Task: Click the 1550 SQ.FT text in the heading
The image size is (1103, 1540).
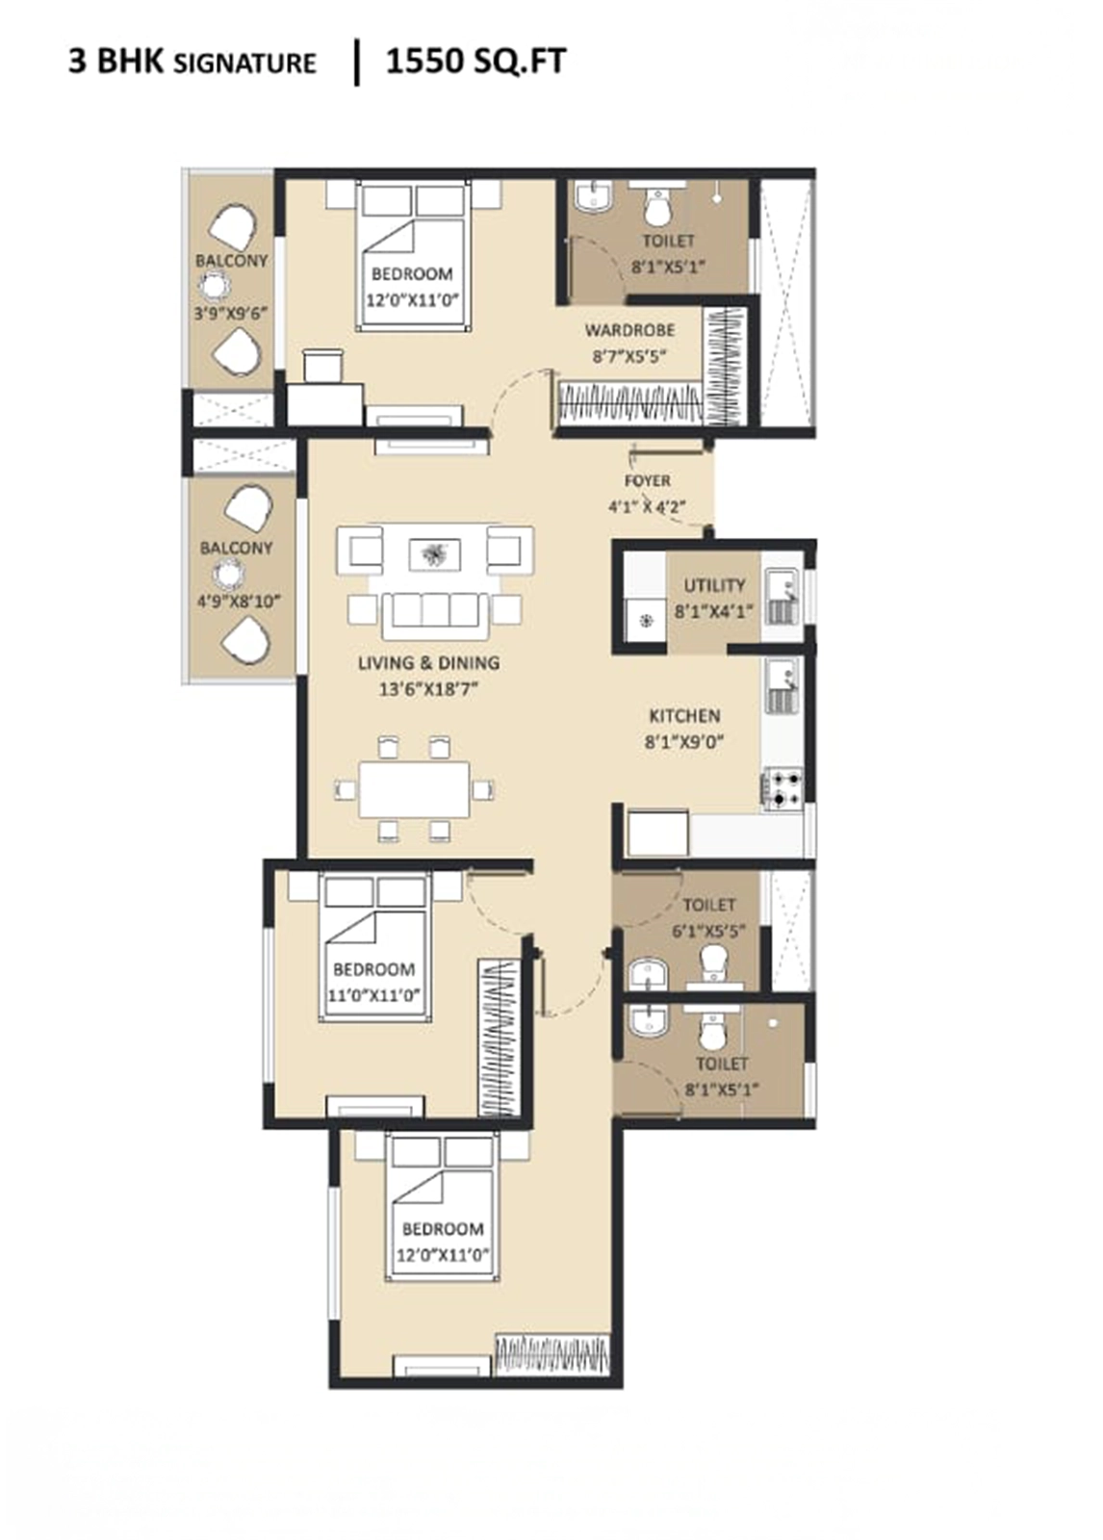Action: (x=475, y=62)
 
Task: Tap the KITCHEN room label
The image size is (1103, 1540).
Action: (x=685, y=716)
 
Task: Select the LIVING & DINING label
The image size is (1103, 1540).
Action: (x=429, y=663)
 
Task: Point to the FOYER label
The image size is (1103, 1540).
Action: (x=648, y=480)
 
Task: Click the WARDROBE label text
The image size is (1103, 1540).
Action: (x=629, y=330)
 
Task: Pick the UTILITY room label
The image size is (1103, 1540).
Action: (x=714, y=585)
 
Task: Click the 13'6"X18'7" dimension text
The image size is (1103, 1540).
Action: (x=429, y=689)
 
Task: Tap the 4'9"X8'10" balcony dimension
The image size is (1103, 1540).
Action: (x=240, y=602)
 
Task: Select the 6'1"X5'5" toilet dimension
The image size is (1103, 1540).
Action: (x=709, y=932)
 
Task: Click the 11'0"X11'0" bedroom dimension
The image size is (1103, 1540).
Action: (x=374, y=995)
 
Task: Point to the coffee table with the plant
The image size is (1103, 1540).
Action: (x=435, y=553)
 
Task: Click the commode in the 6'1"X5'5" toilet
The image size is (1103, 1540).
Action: (x=714, y=962)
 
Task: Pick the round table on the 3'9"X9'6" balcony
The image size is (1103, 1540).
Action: (x=216, y=284)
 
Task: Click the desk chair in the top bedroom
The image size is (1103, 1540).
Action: (x=321, y=365)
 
